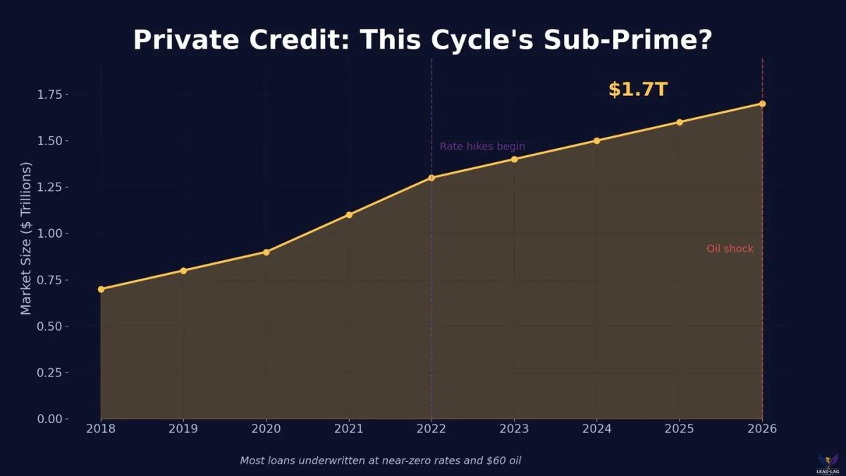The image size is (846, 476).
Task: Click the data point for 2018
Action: [101, 289]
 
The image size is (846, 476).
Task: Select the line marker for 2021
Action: [349, 214]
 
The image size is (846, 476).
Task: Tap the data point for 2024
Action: [596, 140]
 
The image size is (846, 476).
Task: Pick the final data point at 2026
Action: [762, 104]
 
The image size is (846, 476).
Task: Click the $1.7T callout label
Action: [637, 90]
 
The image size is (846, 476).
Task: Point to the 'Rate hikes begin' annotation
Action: [482, 147]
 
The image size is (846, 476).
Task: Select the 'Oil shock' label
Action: [730, 249]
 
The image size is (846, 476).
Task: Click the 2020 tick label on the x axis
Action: [266, 429]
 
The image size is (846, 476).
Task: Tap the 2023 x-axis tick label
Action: [514, 429]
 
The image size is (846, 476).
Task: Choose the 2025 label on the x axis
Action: [680, 429]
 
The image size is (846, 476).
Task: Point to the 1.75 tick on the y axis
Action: [49, 94]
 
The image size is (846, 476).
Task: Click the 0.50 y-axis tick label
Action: [49, 327]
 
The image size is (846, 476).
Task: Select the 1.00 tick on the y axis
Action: [49, 233]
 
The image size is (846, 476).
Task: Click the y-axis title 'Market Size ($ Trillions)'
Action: [26, 238]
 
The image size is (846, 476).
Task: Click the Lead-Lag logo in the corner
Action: [828, 463]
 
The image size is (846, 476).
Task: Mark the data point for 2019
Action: [183, 270]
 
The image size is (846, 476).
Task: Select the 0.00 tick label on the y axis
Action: [49, 419]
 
